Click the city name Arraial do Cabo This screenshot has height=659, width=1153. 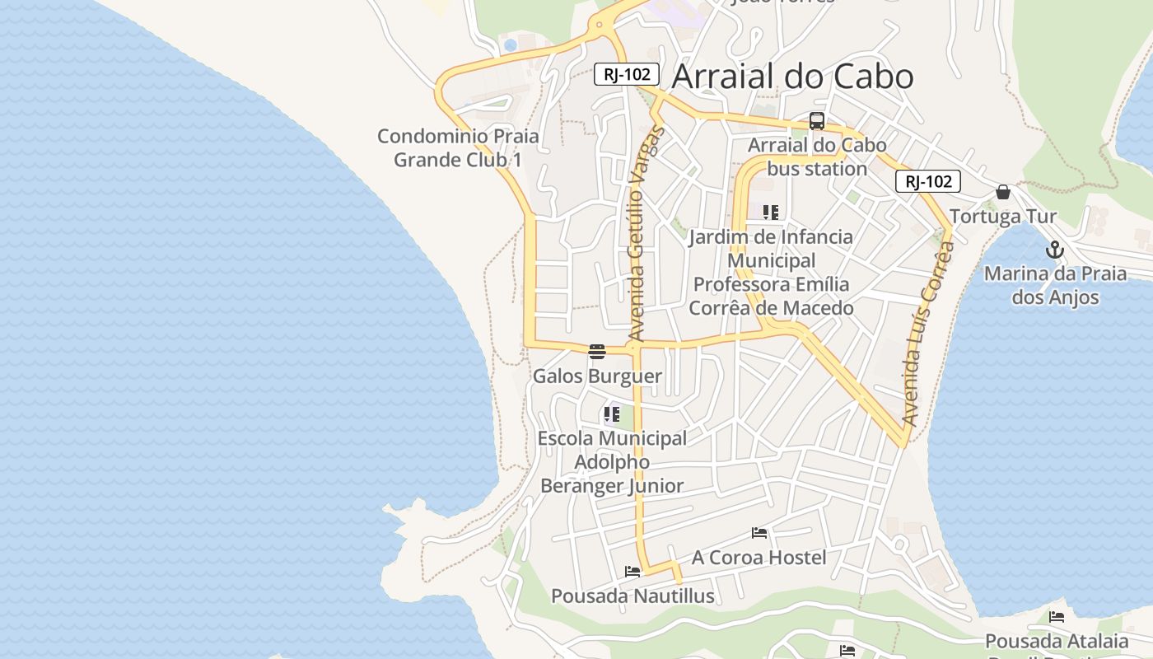tap(792, 77)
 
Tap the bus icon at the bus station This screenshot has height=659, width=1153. tap(817, 121)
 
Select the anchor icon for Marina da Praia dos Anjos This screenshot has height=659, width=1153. tap(1055, 250)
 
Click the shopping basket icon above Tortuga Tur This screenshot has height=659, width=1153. tap(1003, 192)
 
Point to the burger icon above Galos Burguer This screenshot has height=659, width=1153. tap(597, 352)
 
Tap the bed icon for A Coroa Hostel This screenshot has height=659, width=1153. tap(759, 533)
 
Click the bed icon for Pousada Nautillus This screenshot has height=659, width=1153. tap(633, 571)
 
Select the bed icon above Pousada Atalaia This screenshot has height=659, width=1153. tap(1057, 616)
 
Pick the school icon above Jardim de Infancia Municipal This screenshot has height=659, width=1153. tap(771, 213)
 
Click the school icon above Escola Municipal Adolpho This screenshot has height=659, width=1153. tap(611, 414)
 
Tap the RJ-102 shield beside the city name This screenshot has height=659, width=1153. tap(628, 74)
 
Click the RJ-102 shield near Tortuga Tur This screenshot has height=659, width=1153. tap(928, 181)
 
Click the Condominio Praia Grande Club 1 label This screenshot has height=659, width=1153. tap(458, 147)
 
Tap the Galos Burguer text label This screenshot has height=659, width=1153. tap(597, 376)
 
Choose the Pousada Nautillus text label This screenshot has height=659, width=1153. tap(633, 596)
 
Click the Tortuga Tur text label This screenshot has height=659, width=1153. tap(1003, 217)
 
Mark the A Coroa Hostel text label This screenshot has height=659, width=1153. tap(759, 558)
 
